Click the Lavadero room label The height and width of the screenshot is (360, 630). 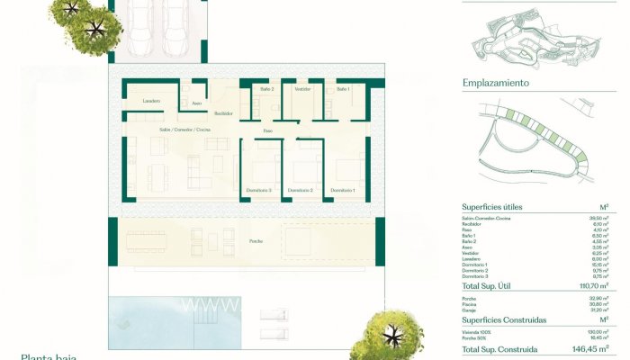coord(152,101)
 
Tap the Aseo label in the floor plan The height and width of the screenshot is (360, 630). coord(196,103)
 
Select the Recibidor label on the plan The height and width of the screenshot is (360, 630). coord(223,113)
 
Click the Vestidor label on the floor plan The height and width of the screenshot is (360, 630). coord(302,89)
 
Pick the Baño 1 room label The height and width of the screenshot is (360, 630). coord(343,89)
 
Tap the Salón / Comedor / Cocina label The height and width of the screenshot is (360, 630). coord(183,130)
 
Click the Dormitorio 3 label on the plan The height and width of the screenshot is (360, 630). coord(258,191)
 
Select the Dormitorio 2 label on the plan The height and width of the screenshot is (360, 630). coord(300,191)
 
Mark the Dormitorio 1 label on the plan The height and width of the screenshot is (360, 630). coord(342,191)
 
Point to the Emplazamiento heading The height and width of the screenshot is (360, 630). coord(495,84)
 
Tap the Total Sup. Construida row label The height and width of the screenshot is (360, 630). coord(499,349)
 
